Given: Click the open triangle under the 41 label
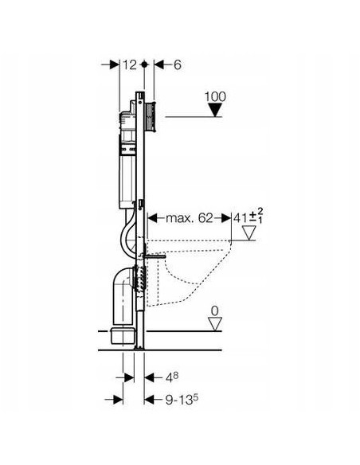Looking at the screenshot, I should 249,232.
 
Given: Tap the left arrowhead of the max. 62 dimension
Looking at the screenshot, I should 149,216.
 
